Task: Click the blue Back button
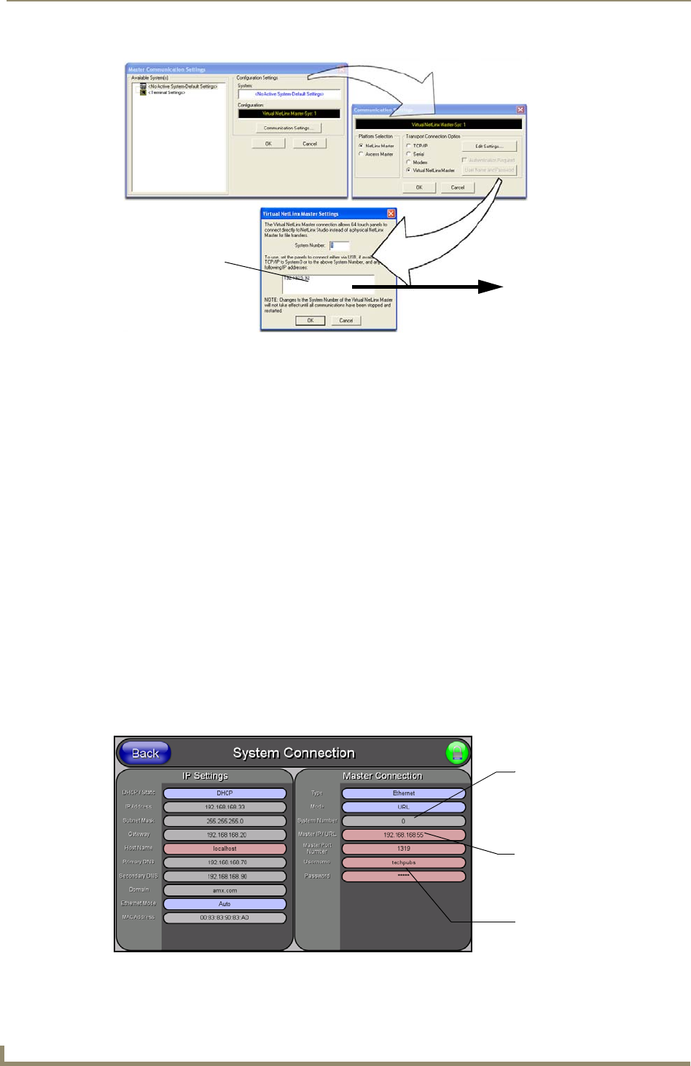[144, 753]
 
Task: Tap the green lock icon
[458, 753]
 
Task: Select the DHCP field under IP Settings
[225, 793]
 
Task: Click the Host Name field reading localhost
[225, 849]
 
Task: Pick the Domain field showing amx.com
[225, 890]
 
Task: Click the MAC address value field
[225, 918]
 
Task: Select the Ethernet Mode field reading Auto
[225, 904]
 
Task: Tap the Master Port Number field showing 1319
[403, 849]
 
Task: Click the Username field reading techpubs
[403, 863]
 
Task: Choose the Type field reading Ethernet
[403, 793]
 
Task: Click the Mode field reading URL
[403, 807]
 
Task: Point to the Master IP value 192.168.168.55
[403, 835]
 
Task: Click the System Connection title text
[293, 753]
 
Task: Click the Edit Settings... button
[489, 147]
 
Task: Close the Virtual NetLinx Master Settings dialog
[391, 214]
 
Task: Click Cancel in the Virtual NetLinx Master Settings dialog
[346, 321]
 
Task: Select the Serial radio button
[409, 155]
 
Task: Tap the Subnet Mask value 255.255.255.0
[225, 821]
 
